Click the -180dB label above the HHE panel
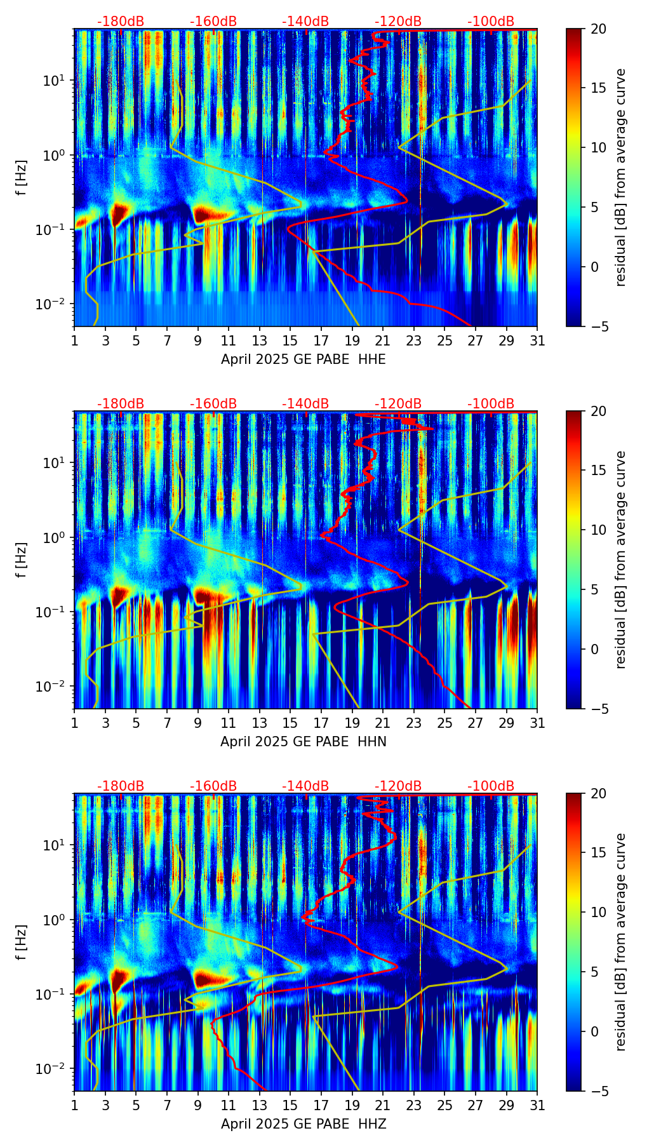pos(121,22)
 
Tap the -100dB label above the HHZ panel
pos(491,786)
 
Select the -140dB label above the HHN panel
pos(305,405)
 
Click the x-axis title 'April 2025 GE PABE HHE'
pos(303,359)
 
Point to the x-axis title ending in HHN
pos(303,742)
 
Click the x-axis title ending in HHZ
pos(303,1124)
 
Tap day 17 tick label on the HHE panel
pos(321,340)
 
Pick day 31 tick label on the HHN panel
pos(537,723)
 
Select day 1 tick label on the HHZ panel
pos(75,1105)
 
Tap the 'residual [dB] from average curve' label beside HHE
pos(620,177)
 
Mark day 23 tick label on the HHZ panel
pos(413,1105)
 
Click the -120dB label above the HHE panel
pos(398,22)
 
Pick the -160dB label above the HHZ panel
pos(213,786)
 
